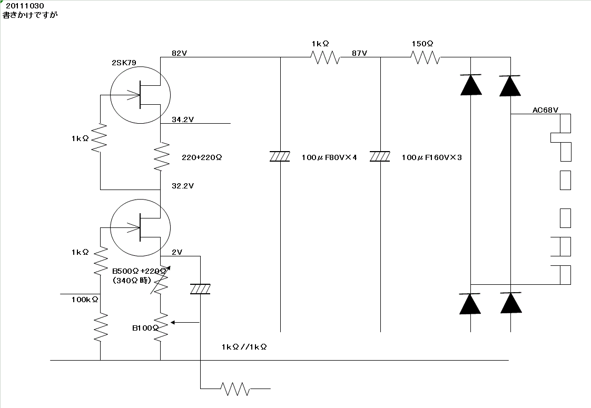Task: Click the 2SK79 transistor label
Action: point(124,63)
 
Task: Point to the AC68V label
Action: point(545,110)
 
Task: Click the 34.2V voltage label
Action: point(183,120)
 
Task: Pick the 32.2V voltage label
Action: point(183,186)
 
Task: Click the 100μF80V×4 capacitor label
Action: point(329,157)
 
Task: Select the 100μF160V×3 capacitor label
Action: point(431,157)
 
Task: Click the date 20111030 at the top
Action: point(25,6)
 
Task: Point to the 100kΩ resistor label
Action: point(85,299)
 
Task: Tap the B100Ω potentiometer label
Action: point(145,327)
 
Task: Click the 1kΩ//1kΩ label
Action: point(244,347)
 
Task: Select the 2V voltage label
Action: point(177,252)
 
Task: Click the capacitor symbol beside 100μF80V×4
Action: point(280,156)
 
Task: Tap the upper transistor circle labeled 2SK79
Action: point(140,94)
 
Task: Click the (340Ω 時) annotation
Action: point(132,281)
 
